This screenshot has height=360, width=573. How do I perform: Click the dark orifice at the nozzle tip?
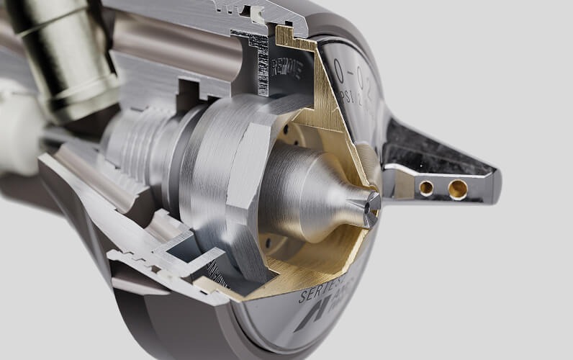click(x=371, y=204)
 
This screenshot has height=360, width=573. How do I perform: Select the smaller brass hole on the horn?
click(x=427, y=188)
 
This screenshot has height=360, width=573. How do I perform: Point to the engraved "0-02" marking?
click(x=353, y=74)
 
